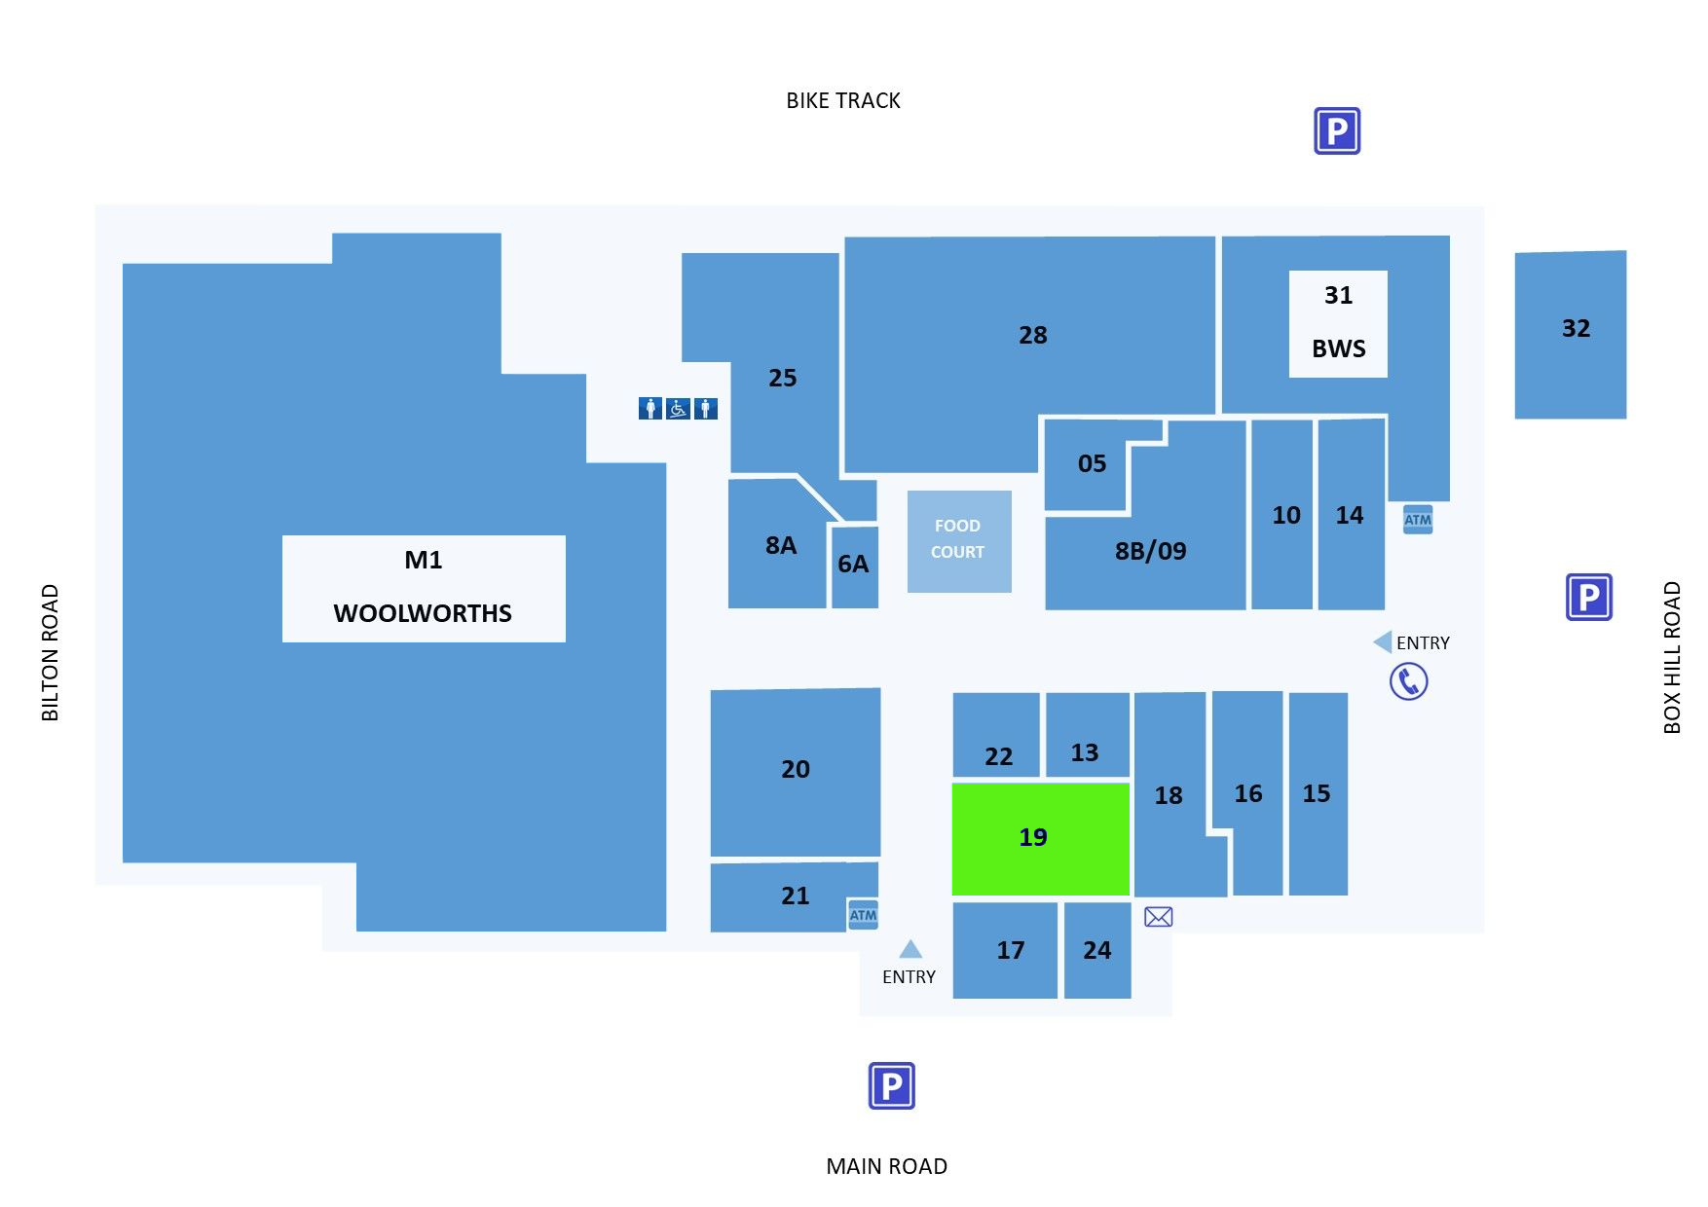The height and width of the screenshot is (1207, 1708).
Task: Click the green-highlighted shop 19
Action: [x=1040, y=838]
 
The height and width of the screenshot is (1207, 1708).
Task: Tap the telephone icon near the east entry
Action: [x=1408, y=681]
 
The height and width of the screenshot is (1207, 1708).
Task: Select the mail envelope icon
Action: [x=1158, y=916]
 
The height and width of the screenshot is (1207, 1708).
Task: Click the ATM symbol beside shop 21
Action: [x=863, y=915]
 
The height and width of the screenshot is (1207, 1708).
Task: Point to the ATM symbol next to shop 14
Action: [x=1418, y=520]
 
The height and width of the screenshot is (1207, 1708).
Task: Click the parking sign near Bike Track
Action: [x=1337, y=131]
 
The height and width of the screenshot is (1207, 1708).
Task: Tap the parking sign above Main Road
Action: [x=892, y=1085]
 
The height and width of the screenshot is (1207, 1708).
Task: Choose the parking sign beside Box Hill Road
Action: [x=1589, y=597]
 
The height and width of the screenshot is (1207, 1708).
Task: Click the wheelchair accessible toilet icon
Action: [x=678, y=409]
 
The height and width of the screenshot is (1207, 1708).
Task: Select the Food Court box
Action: [x=959, y=541]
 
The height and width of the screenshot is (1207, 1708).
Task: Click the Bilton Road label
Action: [x=50, y=652]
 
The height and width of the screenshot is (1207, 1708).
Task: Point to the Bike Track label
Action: [x=843, y=100]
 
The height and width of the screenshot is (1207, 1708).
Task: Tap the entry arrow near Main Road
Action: [x=910, y=949]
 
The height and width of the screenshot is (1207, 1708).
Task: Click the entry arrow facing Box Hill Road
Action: [x=1383, y=641]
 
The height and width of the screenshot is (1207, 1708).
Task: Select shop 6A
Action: [x=854, y=567]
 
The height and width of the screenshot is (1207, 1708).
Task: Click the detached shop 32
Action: [x=1571, y=335]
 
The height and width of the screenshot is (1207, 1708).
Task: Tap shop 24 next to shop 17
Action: [x=1097, y=950]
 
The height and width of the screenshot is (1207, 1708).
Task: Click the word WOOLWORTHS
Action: [x=423, y=613]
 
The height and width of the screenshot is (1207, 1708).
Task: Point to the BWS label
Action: [x=1339, y=348]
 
